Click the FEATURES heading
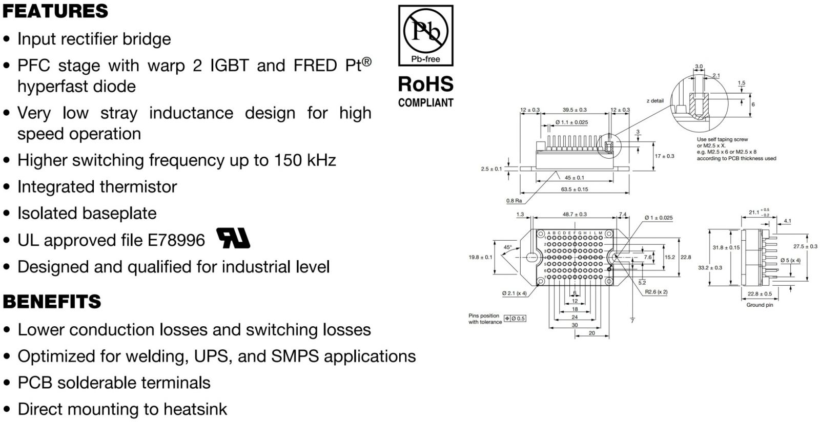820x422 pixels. [x=55, y=11]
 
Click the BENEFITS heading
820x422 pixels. [x=52, y=301]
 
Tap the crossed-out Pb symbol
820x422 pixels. [x=425, y=31]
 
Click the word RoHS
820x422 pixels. [x=425, y=84]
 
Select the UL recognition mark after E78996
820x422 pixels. [x=234, y=238]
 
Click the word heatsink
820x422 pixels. [x=195, y=409]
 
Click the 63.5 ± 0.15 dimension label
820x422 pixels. [x=574, y=189]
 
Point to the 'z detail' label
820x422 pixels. [x=655, y=101]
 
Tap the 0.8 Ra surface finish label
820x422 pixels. [x=514, y=201]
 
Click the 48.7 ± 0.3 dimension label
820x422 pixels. [x=575, y=215]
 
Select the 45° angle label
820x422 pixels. [x=507, y=247]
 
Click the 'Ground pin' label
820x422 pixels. [x=760, y=305]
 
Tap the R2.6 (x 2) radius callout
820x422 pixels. [x=656, y=292]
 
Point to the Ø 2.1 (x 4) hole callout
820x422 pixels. [x=514, y=293]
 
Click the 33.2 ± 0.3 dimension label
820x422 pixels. [x=710, y=268]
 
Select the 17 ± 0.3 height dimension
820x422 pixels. [x=665, y=156]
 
